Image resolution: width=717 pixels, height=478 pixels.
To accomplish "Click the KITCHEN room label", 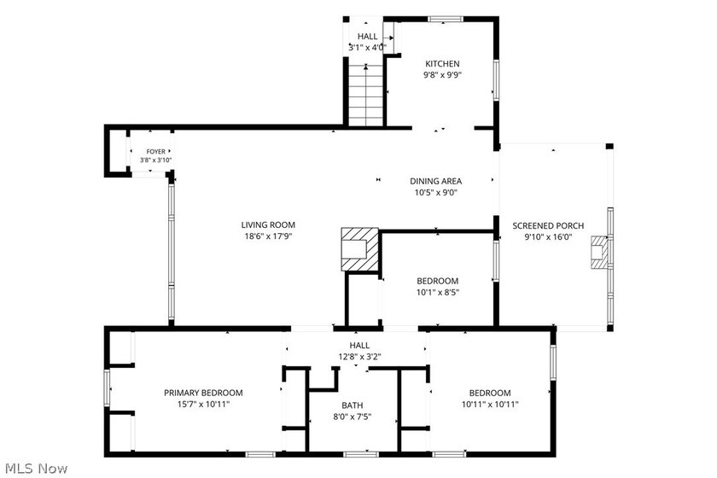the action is [442, 64].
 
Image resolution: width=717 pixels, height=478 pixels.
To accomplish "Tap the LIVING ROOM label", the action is [268, 225].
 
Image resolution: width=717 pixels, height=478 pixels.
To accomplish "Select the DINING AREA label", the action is [435, 181].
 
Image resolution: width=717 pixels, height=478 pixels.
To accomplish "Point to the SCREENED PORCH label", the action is [548, 225].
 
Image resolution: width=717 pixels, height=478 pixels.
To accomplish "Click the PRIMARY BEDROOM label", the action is [203, 393].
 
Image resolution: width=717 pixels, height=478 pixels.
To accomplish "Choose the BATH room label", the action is [352, 405].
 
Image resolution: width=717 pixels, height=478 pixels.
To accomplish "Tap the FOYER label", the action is [155, 151].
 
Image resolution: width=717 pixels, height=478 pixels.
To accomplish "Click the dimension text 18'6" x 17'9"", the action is [268, 236].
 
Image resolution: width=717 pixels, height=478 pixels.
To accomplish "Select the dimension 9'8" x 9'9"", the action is [442, 75].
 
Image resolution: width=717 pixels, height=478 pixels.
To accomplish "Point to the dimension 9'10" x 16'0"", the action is [548, 237].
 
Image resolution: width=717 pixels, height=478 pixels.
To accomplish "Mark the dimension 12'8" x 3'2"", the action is [359, 356].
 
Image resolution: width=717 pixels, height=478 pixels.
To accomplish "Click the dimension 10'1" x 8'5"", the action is [438, 292].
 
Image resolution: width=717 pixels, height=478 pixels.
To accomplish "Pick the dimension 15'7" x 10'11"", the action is [203, 404].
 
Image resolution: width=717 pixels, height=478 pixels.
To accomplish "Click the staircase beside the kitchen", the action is [366, 95].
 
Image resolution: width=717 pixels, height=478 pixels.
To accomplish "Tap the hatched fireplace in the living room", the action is [360, 249].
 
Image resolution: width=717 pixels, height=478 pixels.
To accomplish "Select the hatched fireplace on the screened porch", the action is [600, 253].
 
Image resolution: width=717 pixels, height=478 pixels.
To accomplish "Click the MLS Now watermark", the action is [37, 469].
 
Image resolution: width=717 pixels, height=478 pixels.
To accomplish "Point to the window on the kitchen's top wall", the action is [446, 20].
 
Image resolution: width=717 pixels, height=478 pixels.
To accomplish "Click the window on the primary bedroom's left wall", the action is [107, 388].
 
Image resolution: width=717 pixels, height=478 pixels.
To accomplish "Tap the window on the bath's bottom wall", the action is [361, 454].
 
